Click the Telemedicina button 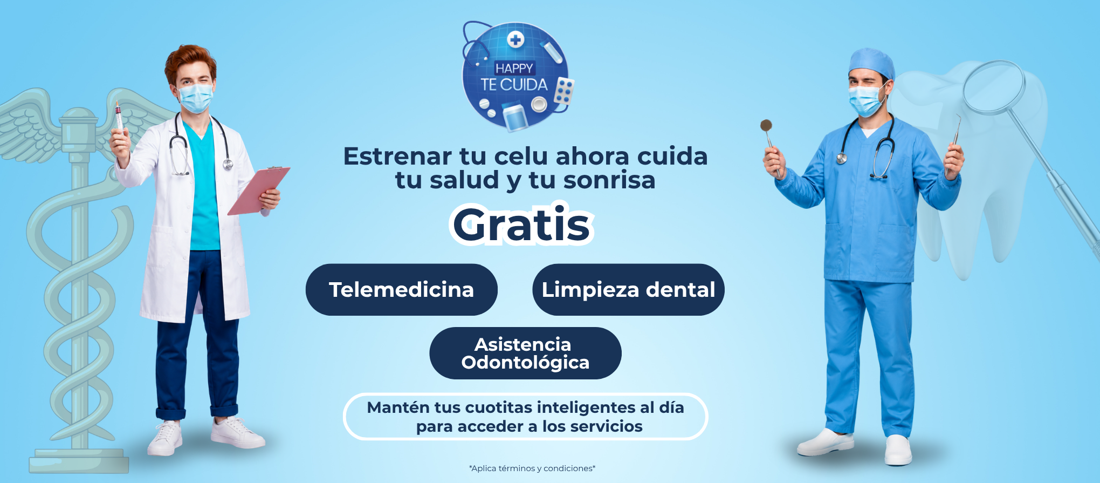[x=401, y=290]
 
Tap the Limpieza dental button [x=628, y=290]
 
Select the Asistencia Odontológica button [x=525, y=353]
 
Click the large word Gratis [x=521, y=225]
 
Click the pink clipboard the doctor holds [x=259, y=190]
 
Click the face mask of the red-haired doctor [x=195, y=97]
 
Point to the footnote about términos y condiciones [x=532, y=468]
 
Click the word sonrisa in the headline [x=609, y=180]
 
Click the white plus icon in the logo [x=516, y=39]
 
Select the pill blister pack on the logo [x=565, y=91]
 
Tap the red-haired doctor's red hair [x=190, y=63]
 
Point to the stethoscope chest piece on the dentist [x=841, y=158]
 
